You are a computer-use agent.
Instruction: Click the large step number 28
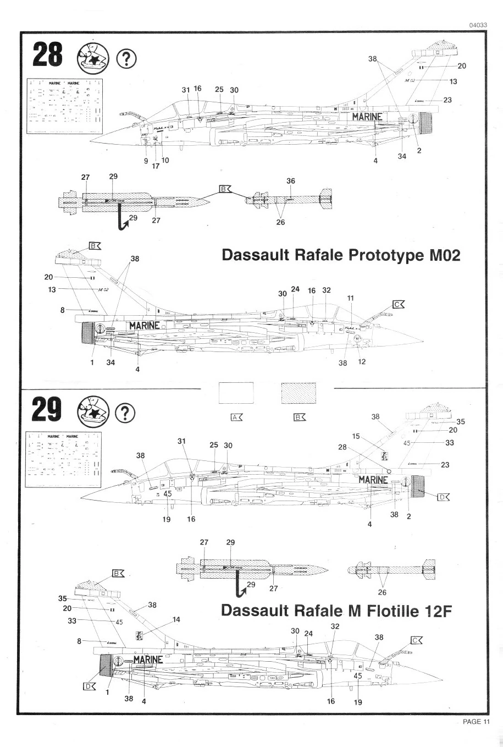(48, 55)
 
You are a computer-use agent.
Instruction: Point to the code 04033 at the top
(479, 25)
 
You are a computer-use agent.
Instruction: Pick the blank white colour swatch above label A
(236, 394)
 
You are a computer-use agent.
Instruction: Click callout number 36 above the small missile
(291, 181)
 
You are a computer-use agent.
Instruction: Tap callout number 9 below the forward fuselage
(146, 161)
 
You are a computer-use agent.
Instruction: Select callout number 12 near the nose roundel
(362, 362)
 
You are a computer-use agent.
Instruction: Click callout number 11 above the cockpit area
(350, 298)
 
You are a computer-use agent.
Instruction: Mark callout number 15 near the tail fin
(356, 436)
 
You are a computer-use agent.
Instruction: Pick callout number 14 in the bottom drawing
(176, 619)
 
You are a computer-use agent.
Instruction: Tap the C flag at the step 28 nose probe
(398, 304)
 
